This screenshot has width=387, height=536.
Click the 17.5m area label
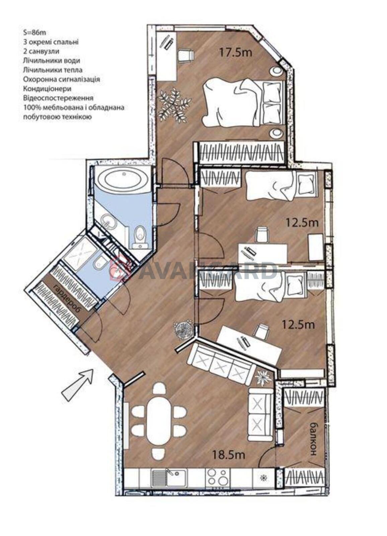click(x=236, y=53)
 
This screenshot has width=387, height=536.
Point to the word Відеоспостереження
click(x=58, y=98)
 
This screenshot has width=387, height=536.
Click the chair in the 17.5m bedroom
click(x=186, y=55)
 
